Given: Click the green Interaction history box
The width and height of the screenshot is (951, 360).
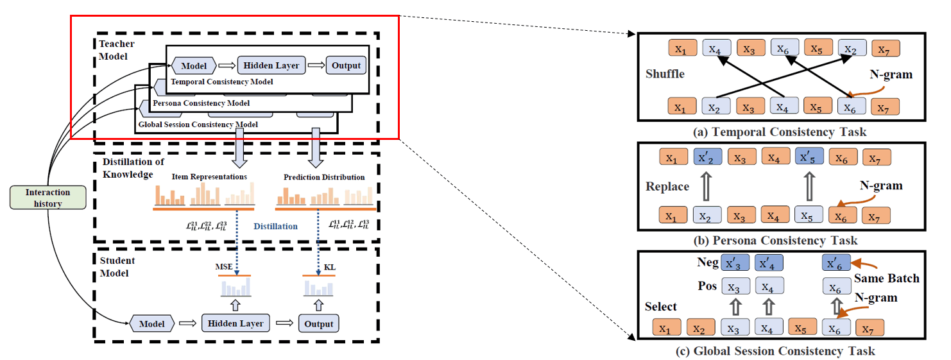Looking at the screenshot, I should (x=48, y=198).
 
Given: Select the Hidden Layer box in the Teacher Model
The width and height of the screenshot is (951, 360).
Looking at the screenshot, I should (x=269, y=65).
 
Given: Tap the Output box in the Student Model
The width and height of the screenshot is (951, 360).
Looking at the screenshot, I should (x=318, y=323).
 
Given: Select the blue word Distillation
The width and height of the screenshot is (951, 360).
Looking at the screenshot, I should (x=275, y=226).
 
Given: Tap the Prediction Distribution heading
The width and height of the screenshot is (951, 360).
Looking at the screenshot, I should (x=324, y=176).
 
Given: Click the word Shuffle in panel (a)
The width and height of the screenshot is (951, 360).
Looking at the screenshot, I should (x=665, y=74).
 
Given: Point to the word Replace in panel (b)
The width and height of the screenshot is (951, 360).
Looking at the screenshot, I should (x=667, y=187).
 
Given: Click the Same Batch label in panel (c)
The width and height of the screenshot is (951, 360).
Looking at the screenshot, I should (x=886, y=279).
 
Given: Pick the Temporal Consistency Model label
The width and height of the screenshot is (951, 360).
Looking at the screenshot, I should (x=222, y=82).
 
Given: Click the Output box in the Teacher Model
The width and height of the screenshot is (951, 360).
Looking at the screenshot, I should (x=347, y=65).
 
